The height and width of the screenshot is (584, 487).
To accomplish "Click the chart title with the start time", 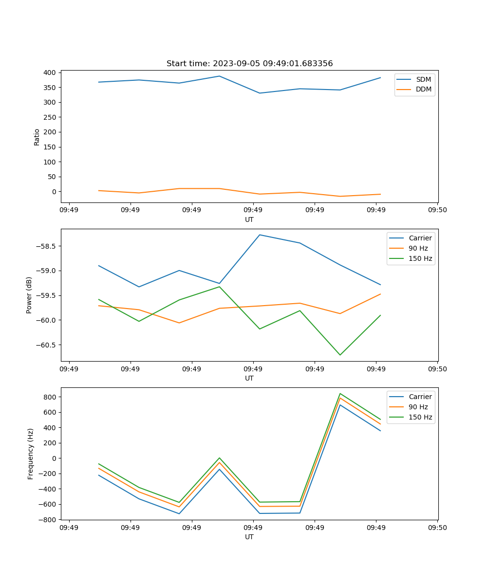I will (x=249, y=64).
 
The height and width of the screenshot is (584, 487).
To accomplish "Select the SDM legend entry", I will (x=423, y=79).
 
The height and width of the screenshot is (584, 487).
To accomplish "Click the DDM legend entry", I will (x=423, y=90).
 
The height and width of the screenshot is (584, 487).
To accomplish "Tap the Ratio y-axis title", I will (x=37, y=137).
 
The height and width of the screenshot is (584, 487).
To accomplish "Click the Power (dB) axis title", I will (x=29, y=295).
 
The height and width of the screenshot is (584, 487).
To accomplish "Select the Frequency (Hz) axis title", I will (x=31, y=454).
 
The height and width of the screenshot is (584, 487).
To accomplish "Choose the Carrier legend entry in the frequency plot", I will (x=420, y=397).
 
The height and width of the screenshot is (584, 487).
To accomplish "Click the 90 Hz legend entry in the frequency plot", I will (x=418, y=407).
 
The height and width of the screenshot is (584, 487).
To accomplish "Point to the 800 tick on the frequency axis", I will (x=51, y=397).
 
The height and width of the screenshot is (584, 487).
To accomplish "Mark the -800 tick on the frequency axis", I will (x=48, y=519).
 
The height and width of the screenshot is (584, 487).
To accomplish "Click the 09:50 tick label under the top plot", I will (x=437, y=210).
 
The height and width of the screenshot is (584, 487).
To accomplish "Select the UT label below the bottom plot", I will (x=249, y=537).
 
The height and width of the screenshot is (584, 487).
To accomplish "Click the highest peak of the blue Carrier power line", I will (x=260, y=235).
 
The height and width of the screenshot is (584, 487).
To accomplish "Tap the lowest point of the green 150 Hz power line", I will (x=340, y=355).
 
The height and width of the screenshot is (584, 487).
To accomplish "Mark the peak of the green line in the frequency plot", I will (x=340, y=394).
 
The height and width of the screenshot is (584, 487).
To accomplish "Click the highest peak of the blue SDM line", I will (x=219, y=76).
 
